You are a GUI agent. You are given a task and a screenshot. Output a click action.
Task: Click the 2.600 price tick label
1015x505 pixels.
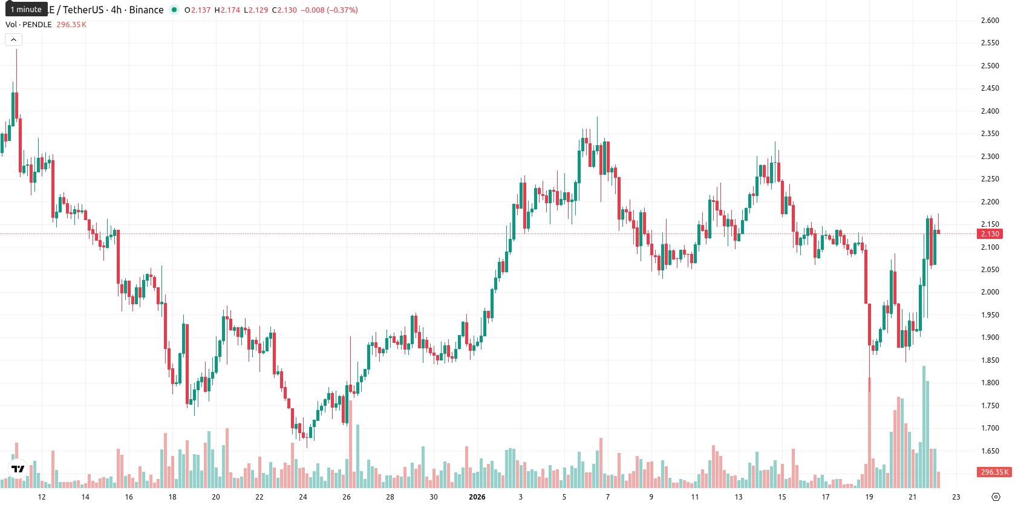pyautogui.click(x=990, y=21)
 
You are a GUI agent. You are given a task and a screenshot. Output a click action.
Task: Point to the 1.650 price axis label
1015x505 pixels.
pyautogui.click(x=990, y=451)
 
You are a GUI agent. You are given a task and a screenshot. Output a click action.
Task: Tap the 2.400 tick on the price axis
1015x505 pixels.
pyautogui.click(x=990, y=111)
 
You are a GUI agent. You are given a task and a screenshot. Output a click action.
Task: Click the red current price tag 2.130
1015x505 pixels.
pyautogui.click(x=990, y=233)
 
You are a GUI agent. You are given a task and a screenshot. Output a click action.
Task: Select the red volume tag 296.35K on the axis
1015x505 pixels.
pyautogui.click(x=994, y=472)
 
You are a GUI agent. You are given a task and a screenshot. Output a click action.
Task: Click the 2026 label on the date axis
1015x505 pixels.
pyautogui.click(x=477, y=497)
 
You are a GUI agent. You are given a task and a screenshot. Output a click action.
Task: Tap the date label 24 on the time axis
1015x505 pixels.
pyautogui.click(x=302, y=497)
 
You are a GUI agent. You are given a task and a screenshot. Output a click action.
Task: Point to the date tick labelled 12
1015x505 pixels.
pyautogui.click(x=42, y=497)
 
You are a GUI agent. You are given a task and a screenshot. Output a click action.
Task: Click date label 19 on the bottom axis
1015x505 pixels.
pyautogui.click(x=869, y=497)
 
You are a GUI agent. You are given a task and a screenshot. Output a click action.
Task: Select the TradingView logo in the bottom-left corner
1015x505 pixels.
pyautogui.click(x=18, y=469)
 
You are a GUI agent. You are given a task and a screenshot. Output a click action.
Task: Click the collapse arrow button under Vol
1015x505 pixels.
pyautogui.click(x=13, y=40)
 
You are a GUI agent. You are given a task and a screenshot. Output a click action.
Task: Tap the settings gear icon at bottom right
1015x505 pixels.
pyautogui.click(x=996, y=497)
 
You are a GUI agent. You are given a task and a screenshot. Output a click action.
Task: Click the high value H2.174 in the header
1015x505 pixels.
pyautogui.click(x=227, y=10)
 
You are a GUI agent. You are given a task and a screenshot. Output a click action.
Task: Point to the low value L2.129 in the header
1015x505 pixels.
pyautogui.click(x=256, y=10)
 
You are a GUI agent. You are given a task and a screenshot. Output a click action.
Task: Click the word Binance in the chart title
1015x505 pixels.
pyautogui.click(x=146, y=10)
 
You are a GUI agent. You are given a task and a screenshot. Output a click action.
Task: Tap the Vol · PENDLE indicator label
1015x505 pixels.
pyautogui.click(x=28, y=24)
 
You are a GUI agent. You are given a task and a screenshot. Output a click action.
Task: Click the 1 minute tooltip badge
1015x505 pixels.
pyautogui.click(x=26, y=9)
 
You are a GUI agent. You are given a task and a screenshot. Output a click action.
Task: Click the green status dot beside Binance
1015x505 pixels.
pyautogui.click(x=174, y=10)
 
